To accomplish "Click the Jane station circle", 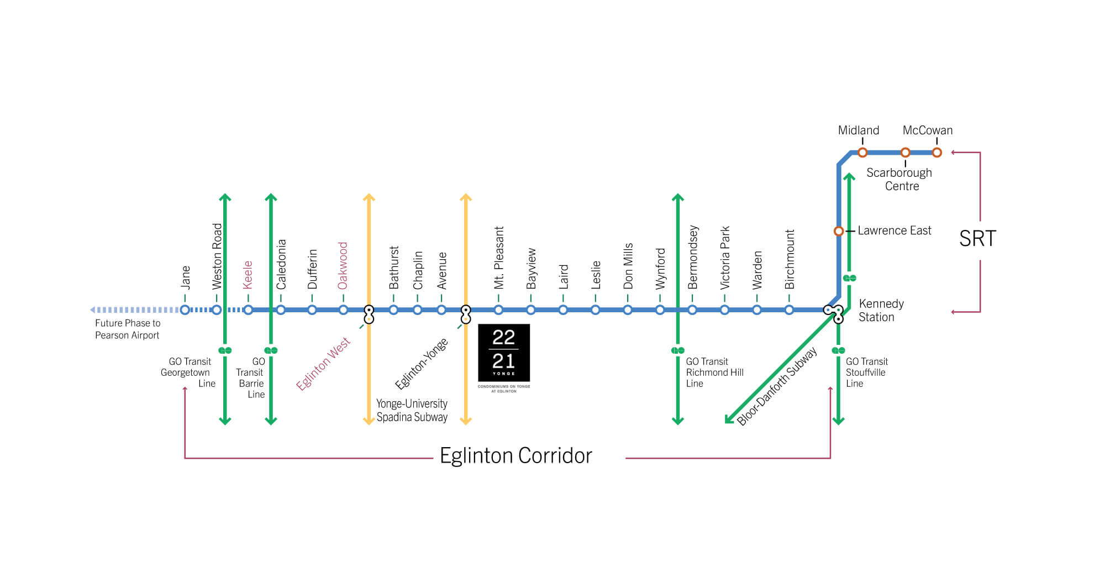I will pyautogui.click(x=185, y=310).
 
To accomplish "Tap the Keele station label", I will pyautogui.click(x=248, y=275).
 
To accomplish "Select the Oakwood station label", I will pyautogui.click(x=343, y=265).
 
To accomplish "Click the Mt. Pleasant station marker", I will pyautogui.click(x=498, y=310).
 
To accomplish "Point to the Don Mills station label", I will pyautogui.click(x=628, y=266).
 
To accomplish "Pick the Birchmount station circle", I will pyautogui.click(x=789, y=310).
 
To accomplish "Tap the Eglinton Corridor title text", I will pyautogui.click(x=515, y=456).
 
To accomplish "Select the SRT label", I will pyautogui.click(x=977, y=239).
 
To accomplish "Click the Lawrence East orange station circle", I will pyautogui.click(x=839, y=231).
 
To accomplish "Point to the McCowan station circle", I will pyautogui.click(x=937, y=153).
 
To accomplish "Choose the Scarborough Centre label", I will pyautogui.click(x=899, y=179).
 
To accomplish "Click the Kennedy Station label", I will pyautogui.click(x=881, y=310).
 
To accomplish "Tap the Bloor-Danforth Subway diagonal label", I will pyautogui.click(x=777, y=386).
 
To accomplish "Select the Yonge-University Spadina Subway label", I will pyautogui.click(x=412, y=410).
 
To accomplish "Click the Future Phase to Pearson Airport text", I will pyautogui.click(x=128, y=329).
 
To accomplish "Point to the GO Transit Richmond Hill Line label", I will pyautogui.click(x=714, y=372).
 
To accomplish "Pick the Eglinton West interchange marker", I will pyautogui.click(x=369, y=314).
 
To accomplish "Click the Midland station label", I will pyautogui.click(x=858, y=130).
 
